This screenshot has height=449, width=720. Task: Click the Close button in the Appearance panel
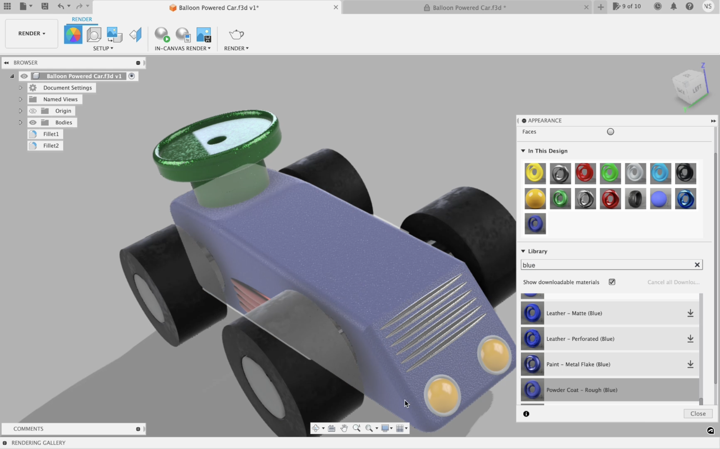[x=698, y=413]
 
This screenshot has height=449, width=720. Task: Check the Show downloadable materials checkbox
[x=612, y=282]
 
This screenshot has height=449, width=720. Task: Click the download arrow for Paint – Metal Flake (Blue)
[x=690, y=364]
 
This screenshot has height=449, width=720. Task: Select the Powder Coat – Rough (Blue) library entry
[x=582, y=390]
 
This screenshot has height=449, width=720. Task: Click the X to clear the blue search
[x=697, y=265]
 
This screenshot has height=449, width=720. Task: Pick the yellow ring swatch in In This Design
[x=535, y=173]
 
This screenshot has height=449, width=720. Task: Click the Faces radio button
[x=610, y=132]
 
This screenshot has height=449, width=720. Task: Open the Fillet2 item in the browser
[x=51, y=146]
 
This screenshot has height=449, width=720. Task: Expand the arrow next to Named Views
[x=20, y=99]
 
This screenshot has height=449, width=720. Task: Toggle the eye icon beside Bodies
[x=33, y=122]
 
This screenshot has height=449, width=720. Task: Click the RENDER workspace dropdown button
[x=32, y=33]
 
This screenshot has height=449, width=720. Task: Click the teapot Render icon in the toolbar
[x=236, y=34]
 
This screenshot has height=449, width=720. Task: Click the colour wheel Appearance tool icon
[x=73, y=35]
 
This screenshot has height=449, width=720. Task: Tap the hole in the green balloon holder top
[x=217, y=140]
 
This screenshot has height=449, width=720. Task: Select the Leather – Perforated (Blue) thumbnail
[x=532, y=339]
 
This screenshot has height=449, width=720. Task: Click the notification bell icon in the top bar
[x=673, y=6]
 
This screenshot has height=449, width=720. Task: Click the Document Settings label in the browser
[x=67, y=88]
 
